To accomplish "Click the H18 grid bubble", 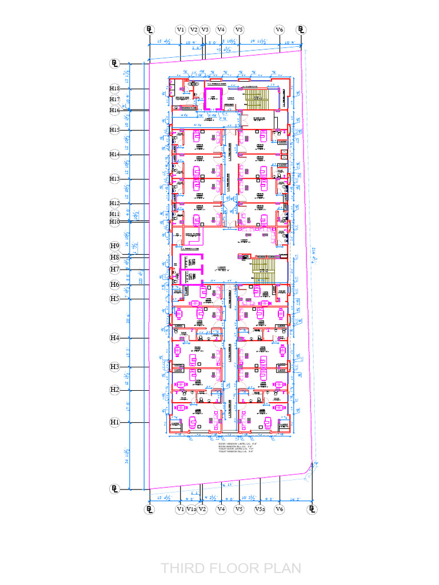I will (x=115, y=89).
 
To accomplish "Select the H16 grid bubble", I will (x=115, y=110).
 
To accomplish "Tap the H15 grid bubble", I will (x=115, y=130).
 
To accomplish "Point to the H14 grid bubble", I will (x=115, y=154).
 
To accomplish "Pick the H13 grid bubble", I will (x=115, y=179).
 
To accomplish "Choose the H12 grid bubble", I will (x=115, y=203).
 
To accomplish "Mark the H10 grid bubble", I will (x=115, y=221).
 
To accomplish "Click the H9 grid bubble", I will (x=115, y=246).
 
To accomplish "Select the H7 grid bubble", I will (x=115, y=269).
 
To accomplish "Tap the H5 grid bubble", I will (x=115, y=298).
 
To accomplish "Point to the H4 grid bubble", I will (x=115, y=338).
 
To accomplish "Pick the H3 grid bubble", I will (x=115, y=366).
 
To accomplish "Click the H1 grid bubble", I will (x=115, y=422).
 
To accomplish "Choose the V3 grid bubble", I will (x=205, y=29).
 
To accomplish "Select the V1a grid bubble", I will (x=192, y=508).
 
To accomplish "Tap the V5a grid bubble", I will (x=260, y=508).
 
